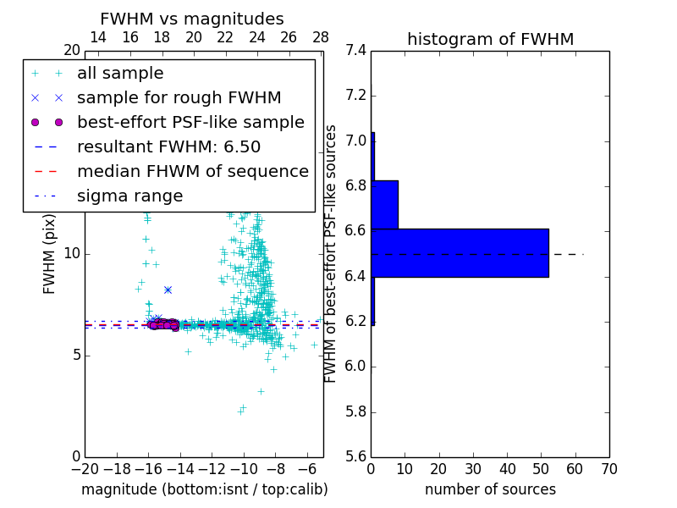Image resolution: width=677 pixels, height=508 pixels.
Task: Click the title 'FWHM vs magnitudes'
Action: [x=192, y=19]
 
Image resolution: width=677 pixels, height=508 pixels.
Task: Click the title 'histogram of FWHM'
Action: [x=490, y=39]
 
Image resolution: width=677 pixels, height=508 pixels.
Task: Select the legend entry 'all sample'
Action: [x=120, y=74]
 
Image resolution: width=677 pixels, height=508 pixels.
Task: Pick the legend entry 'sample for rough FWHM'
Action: [x=179, y=98]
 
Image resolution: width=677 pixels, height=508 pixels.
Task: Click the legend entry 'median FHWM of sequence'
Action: [x=192, y=172]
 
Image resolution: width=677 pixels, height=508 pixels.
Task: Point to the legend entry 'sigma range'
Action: [x=129, y=196]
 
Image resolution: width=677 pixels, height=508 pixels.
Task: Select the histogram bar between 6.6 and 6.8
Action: [x=384, y=204]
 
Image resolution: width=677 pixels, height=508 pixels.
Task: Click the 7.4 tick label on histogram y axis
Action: [x=356, y=50]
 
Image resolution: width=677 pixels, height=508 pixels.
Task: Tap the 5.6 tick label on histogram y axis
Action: [x=356, y=457]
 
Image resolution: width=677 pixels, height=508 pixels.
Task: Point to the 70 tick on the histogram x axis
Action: [x=608, y=469]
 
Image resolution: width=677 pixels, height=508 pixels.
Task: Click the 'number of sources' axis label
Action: [x=490, y=489]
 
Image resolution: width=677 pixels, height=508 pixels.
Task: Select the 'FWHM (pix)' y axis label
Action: [x=50, y=253]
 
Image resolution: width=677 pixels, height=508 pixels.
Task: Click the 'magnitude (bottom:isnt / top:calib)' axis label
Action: [x=204, y=489]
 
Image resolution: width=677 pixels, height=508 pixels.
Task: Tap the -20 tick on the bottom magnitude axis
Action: [x=85, y=469]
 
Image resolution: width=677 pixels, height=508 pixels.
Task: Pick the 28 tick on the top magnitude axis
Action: [x=321, y=37]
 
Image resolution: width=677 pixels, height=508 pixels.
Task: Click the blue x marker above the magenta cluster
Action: [x=168, y=290]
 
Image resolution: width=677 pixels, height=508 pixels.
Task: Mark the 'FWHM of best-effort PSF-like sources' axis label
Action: [x=331, y=253]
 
